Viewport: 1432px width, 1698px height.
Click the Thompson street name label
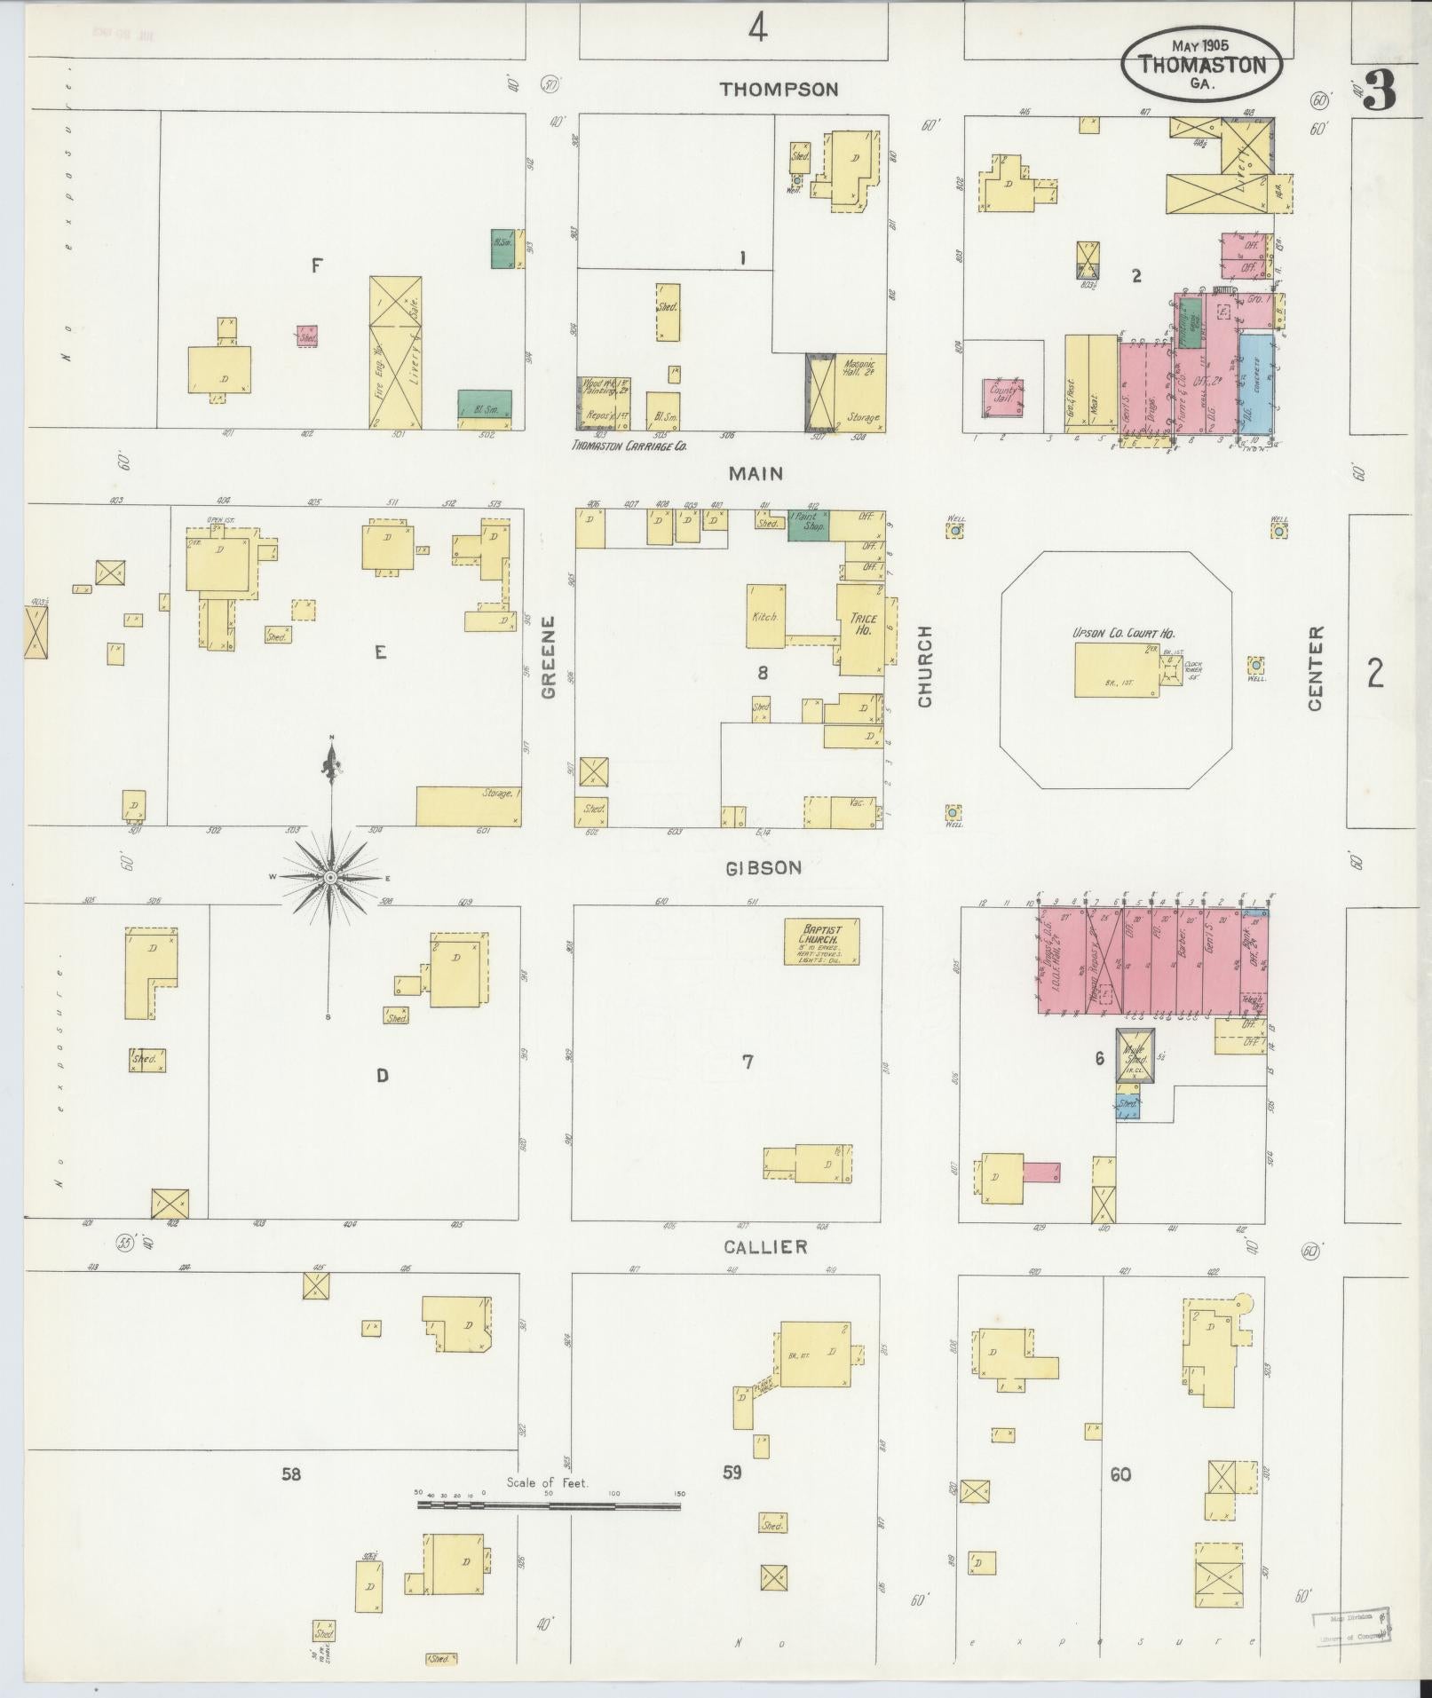pyautogui.click(x=779, y=89)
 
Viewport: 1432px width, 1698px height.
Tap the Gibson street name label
pyautogui.click(x=763, y=868)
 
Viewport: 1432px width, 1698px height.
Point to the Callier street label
pyautogui.click(x=765, y=1247)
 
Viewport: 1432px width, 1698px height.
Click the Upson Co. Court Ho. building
pyautogui.click(x=1116, y=669)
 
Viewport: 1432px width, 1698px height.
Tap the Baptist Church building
pyautogui.click(x=821, y=942)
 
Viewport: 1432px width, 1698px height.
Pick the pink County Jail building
pyautogui.click(x=1002, y=397)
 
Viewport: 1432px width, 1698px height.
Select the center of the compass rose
pyautogui.click(x=330, y=877)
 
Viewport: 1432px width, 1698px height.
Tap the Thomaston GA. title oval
pyautogui.click(x=1201, y=65)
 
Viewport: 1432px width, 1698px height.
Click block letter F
pyautogui.click(x=315, y=265)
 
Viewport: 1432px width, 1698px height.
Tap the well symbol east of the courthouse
pyautogui.click(x=1255, y=666)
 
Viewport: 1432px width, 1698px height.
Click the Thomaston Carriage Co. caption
pyautogui.click(x=629, y=446)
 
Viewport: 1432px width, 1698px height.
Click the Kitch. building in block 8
pyautogui.click(x=765, y=616)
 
